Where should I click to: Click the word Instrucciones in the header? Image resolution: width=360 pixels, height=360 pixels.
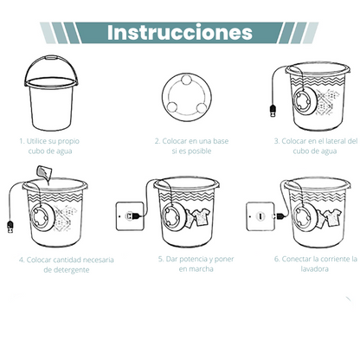point(180,32)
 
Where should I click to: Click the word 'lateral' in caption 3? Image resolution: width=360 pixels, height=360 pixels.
point(332,140)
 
